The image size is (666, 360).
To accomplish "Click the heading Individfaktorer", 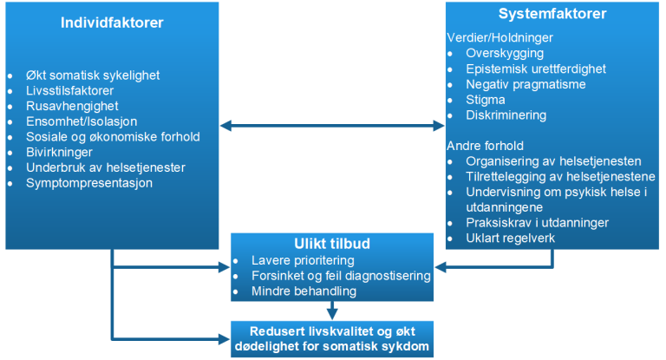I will point(112,21).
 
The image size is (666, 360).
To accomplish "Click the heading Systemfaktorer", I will point(552,14).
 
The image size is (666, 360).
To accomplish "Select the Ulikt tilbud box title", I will point(332,243).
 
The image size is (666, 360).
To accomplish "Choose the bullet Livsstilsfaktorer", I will point(70,90).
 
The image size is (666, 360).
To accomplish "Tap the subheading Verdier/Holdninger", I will point(499,37).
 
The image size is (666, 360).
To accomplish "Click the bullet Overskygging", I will point(506,53).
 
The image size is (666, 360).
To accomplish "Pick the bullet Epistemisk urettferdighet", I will point(534,69).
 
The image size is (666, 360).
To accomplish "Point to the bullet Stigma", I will point(486,100).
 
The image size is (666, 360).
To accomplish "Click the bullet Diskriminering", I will point(506,115).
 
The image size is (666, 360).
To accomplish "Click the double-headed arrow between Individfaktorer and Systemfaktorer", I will point(332,127).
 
